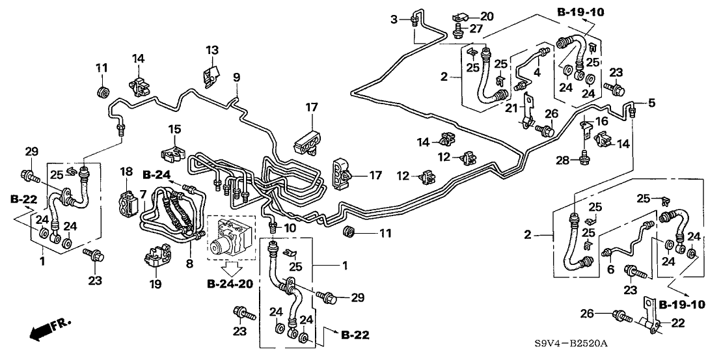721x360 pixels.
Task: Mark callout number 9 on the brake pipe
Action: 237,77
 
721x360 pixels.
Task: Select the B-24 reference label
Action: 154,174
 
